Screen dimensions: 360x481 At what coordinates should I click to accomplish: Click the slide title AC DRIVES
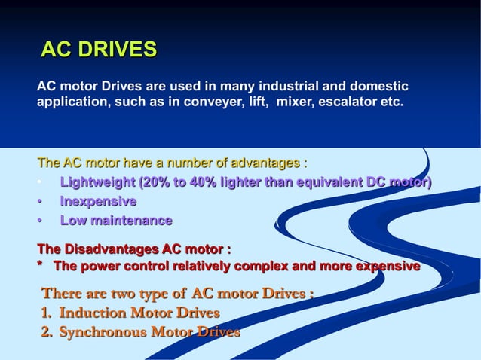[98, 50]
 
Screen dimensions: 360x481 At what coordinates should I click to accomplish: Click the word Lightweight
[97, 182]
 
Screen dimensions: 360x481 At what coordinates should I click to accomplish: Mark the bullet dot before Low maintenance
[40, 221]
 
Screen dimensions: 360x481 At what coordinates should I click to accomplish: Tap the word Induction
[90, 313]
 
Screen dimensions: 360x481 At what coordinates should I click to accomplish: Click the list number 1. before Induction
[47, 313]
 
